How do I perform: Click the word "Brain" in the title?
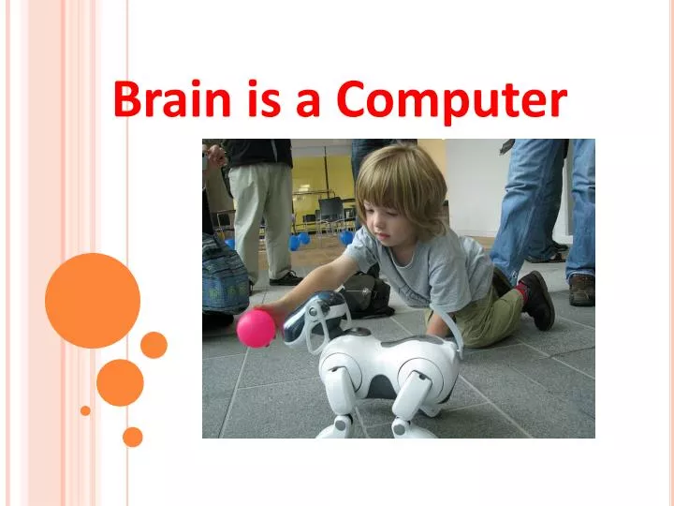171,100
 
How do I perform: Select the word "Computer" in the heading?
452,100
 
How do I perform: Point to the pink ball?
256,329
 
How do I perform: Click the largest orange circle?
93,301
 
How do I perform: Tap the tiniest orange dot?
85,410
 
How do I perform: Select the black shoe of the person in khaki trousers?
286,278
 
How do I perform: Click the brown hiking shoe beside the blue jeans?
581,290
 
